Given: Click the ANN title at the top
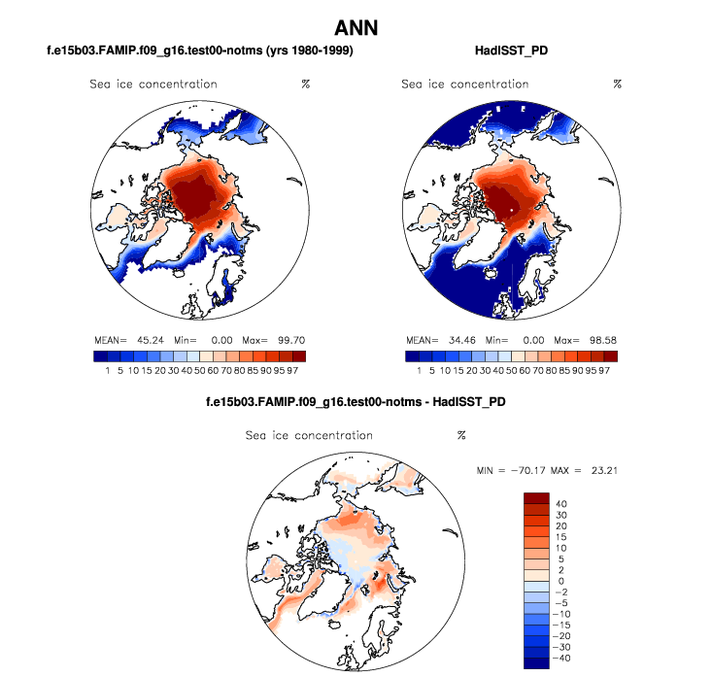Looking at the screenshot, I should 356,28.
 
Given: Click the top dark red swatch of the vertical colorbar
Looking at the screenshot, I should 537,499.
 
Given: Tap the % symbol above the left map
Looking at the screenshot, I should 305,85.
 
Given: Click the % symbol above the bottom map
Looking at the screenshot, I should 461,436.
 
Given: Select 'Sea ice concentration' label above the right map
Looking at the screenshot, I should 464,85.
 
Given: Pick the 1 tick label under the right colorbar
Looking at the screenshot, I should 420,370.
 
